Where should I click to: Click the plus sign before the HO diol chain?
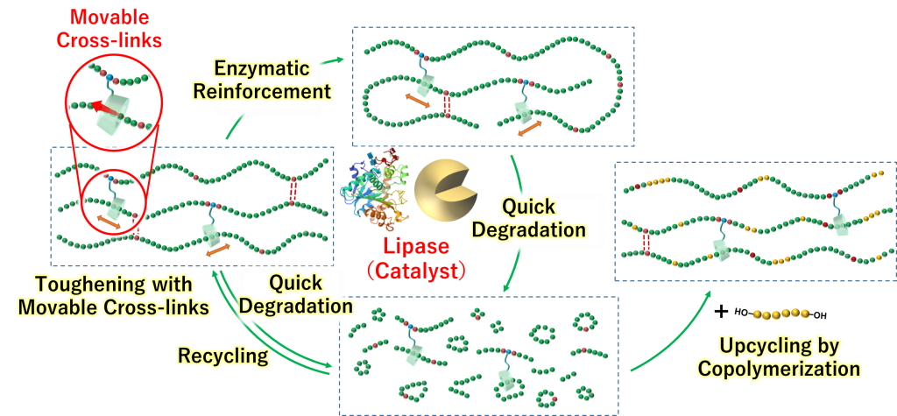(722, 312)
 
